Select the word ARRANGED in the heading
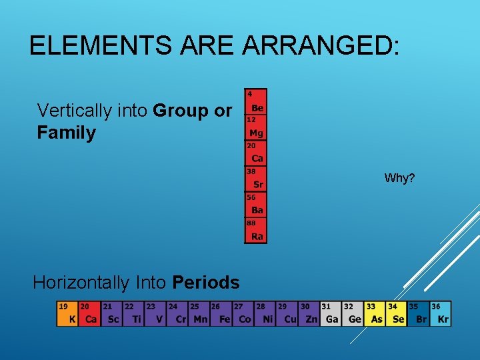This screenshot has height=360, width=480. [321, 46]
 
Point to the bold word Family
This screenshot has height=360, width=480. [67, 133]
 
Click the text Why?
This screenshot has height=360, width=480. [399, 179]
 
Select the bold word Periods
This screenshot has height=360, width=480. [205, 283]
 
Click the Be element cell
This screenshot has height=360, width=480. [256, 102]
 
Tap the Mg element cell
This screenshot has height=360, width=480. [256, 128]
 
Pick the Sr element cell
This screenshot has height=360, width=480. [256, 179]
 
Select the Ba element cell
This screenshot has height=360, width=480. [256, 205]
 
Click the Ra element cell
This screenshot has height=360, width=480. [256, 231]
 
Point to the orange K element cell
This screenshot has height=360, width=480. [67, 314]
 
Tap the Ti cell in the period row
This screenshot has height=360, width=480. [133, 314]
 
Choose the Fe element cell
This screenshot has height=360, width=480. [221, 314]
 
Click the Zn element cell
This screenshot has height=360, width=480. [309, 314]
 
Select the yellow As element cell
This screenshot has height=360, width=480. [375, 314]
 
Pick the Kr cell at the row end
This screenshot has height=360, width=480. [441, 314]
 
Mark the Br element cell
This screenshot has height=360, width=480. [419, 314]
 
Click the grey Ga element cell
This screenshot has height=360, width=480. [331, 314]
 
